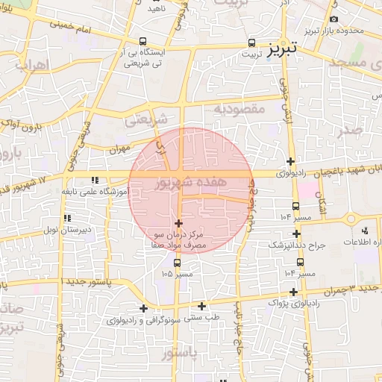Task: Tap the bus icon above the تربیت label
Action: point(251,43)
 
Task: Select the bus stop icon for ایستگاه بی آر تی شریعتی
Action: point(143,43)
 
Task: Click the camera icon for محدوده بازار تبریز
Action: point(334,19)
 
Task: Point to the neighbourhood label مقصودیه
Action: point(240,109)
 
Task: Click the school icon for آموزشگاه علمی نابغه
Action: point(94,180)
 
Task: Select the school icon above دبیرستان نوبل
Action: point(67,218)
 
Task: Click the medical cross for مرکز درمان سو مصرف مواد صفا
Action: point(178,223)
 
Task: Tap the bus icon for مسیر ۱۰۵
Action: point(177,263)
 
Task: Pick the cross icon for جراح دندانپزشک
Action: point(297,233)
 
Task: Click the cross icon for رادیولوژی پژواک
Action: point(293,292)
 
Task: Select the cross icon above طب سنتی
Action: point(202,305)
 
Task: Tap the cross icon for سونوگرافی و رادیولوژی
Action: point(143,308)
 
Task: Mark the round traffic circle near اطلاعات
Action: point(351,219)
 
